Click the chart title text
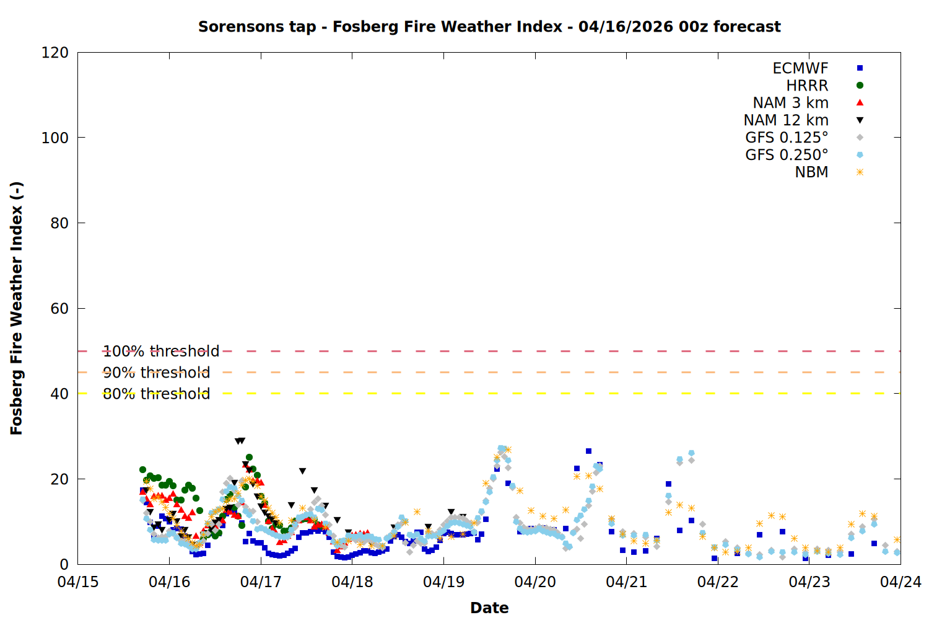489,27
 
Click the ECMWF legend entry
800,68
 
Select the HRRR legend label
807,86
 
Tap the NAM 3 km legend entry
790,103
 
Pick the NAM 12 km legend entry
786,120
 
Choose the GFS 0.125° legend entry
787,138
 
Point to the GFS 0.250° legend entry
787,155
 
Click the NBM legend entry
811,172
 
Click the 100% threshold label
161,352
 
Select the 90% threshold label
156,373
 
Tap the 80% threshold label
156,394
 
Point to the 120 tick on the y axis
55,53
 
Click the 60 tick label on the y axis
59,309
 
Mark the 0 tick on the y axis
64,565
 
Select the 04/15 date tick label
78,582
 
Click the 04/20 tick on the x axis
535,582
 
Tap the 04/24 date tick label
901,582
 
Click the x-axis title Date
489,608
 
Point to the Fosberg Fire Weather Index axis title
17,308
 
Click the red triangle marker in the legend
860,103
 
